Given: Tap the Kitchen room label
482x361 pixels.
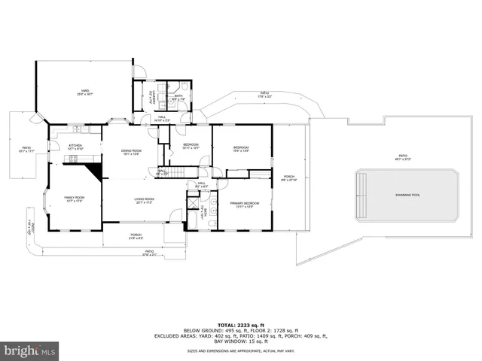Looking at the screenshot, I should (x=75, y=147).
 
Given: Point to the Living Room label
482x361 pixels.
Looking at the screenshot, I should (x=145, y=201).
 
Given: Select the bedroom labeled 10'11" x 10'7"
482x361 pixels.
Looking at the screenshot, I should (x=191, y=146).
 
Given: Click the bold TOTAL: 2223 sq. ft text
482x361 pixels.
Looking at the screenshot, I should (x=241, y=324).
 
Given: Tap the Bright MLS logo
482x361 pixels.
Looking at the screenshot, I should (x=30, y=350).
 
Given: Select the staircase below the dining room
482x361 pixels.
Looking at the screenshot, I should (x=175, y=173).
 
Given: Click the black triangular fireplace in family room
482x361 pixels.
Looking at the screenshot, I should (x=95, y=171).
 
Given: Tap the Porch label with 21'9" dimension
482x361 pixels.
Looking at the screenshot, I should (x=136, y=237).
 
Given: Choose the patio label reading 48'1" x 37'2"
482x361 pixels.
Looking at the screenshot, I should (x=407, y=158).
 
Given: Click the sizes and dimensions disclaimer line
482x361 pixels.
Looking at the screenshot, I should (x=241, y=351).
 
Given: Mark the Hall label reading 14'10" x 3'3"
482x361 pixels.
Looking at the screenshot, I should (x=163, y=118).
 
